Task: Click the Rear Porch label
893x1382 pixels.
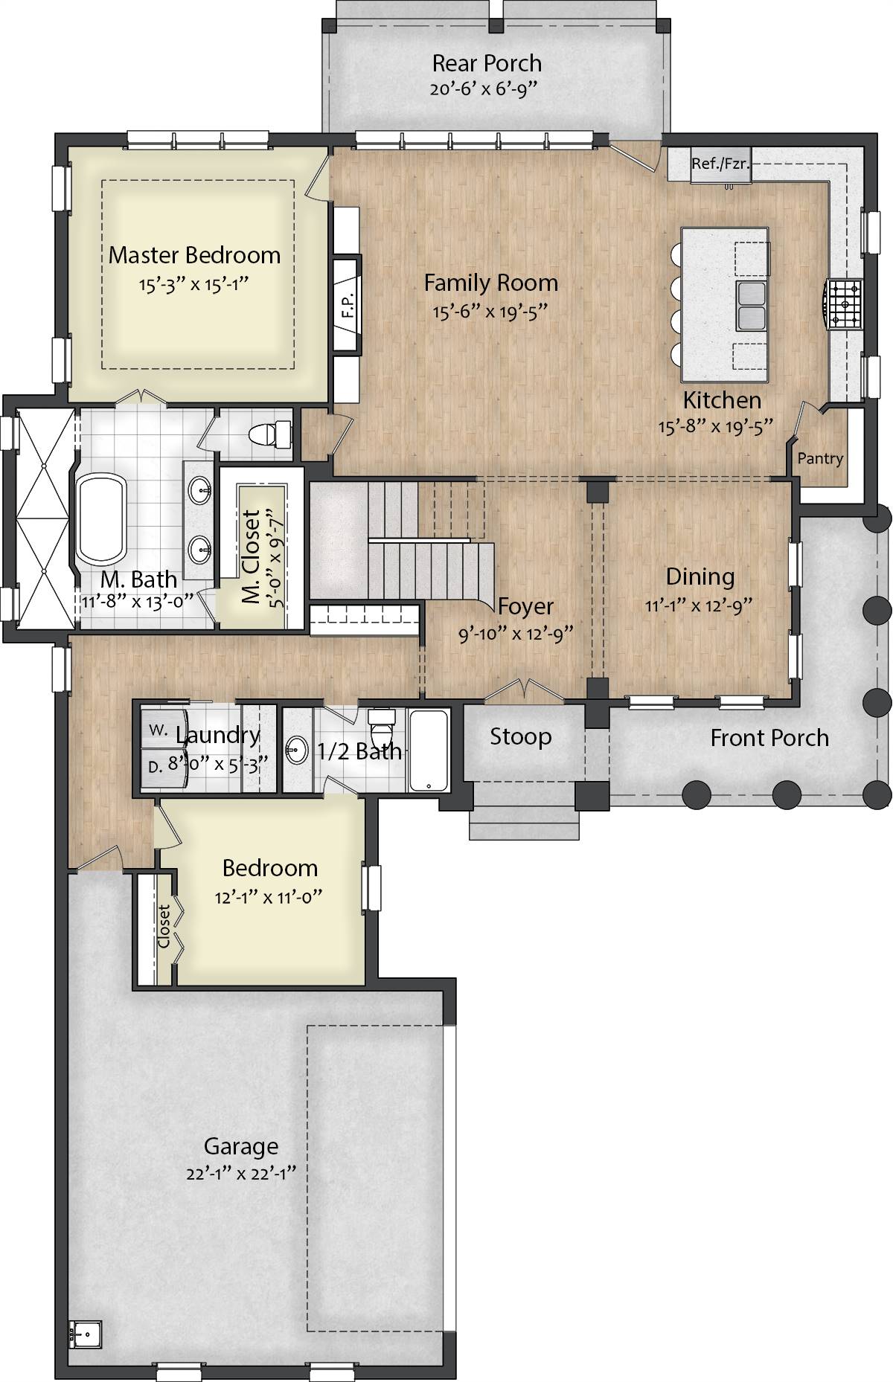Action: (x=487, y=63)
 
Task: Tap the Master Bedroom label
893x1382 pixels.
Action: (x=194, y=255)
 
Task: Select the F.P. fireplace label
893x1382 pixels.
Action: (x=347, y=303)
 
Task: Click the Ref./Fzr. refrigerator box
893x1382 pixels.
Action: (x=720, y=164)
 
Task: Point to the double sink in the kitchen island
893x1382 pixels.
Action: (x=752, y=306)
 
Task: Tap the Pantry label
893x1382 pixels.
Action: (x=820, y=458)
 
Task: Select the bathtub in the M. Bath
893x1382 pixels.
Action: (x=102, y=520)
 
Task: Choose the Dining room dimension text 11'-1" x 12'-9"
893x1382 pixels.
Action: (x=700, y=605)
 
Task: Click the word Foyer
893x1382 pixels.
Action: (x=525, y=606)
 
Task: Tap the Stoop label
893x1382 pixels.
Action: (x=520, y=737)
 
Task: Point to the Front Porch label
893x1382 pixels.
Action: (x=769, y=738)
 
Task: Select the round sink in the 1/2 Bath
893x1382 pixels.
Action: (x=298, y=750)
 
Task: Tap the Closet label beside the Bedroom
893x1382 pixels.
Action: (x=164, y=926)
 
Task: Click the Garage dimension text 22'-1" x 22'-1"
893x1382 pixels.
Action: (x=241, y=1174)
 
